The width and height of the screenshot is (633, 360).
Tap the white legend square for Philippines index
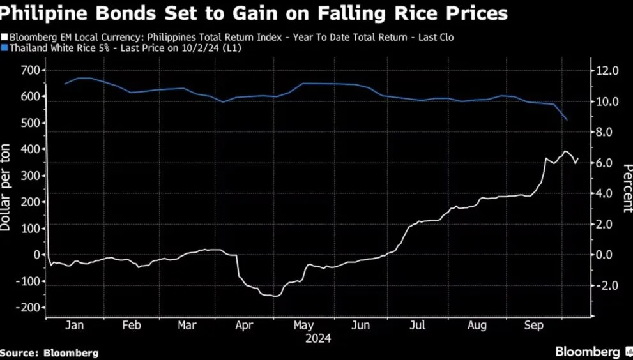[x=4, y=38]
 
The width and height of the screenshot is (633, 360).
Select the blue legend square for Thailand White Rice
[x=4, y=48]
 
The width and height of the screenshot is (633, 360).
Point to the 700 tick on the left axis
[x=31, y=70]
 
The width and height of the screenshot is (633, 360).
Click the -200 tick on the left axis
[x=28, y=307]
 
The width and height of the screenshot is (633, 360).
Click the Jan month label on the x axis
[x=75, y=326]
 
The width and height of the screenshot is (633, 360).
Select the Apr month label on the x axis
[x=245, y=326]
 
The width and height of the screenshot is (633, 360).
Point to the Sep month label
[x=534, y=326]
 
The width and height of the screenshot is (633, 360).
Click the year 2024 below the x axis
[x=317, y=339]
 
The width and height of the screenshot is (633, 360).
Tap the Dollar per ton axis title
[x=6, y=199]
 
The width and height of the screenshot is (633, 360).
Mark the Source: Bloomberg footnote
[x=50, y=352]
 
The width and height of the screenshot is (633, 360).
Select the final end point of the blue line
[x=567, y=120]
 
